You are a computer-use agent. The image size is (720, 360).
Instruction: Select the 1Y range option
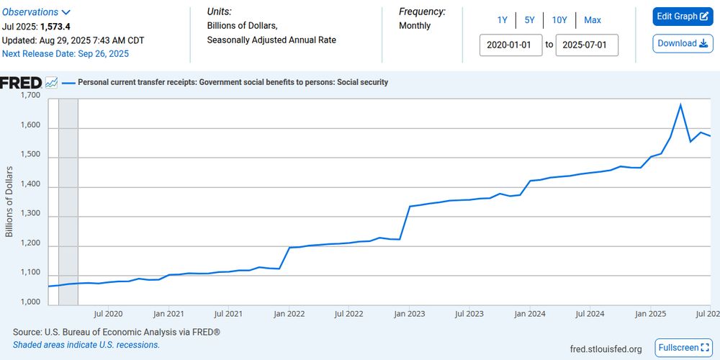click(x=502, y=20)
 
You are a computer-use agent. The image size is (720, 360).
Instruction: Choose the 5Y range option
click(x=529, y=20)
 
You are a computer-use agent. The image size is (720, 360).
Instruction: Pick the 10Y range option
click(x=559, y=20)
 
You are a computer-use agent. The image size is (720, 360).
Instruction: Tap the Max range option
click(x=593, y=20)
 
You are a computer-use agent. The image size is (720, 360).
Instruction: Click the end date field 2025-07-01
click(x=585, y=45)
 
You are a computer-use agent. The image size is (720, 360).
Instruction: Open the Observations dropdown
click(x=37, y=12)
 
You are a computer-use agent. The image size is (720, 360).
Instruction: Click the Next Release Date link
click(x=66, y=53)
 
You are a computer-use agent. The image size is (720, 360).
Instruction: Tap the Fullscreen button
click(x=683, y=348)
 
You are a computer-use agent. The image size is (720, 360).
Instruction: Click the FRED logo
click(x=21, y=83)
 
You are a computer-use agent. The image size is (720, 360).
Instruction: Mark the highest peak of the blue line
click(x=680, y=105)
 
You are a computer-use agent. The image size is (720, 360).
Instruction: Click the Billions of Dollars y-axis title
click(x=9, y=201)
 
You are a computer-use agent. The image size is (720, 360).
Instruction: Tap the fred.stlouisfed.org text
click(x=606, y=349)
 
